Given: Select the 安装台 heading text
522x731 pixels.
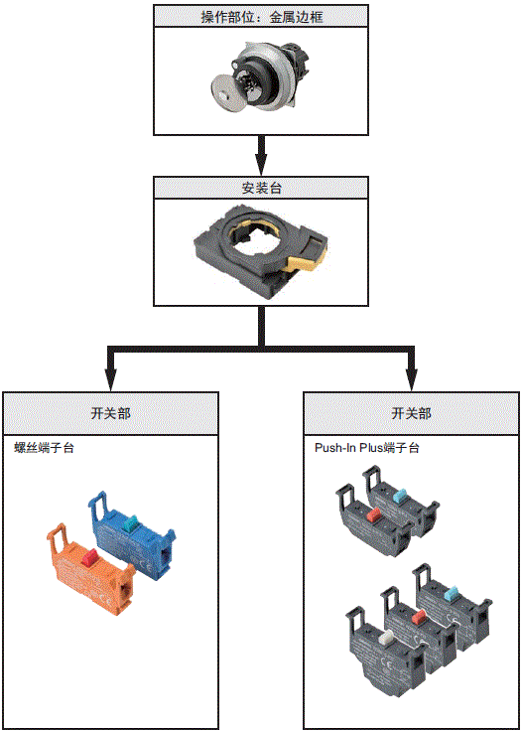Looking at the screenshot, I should [x=260, y=189].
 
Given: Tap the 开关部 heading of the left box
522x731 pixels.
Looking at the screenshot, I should [x=109, y=413].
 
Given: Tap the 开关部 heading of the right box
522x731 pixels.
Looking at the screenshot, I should [x=411, y=413].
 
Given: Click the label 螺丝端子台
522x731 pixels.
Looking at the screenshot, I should [x=44, y=448].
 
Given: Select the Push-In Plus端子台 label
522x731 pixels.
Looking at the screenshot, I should [x=366, y=448].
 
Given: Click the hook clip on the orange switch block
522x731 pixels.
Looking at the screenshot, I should [x=58, y=537].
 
